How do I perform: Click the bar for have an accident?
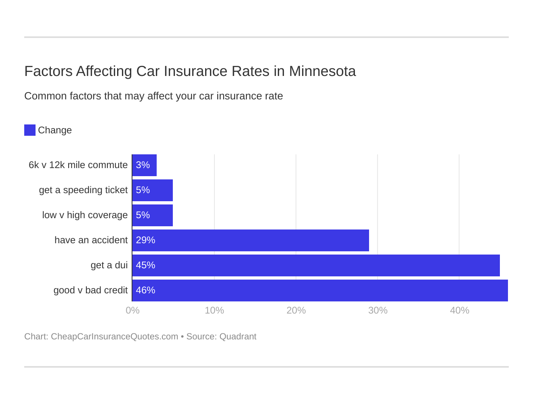point(250,240)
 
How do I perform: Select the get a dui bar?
point(316,265)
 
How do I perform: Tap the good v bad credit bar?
point(320,291)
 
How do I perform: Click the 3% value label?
point(143,165)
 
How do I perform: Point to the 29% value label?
point(145,240)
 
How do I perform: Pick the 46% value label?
point(145,291)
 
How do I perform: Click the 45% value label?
point(145,265)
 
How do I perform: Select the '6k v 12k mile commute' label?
point(78,165)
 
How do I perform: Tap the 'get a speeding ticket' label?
point(83,190)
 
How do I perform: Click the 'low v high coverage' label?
point(85,215)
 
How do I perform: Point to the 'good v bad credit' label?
point(90,291)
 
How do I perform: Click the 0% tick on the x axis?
point(132,311)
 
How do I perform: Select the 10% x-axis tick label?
point(214,311)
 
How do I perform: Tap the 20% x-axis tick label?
point(296,311)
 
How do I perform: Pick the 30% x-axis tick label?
point(378,311)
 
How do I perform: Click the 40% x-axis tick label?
point(460,311)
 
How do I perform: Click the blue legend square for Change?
point(30,130)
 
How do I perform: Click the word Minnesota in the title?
point(322,72)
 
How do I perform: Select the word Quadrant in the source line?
point(238,337)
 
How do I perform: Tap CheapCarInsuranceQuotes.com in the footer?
point(114,337)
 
